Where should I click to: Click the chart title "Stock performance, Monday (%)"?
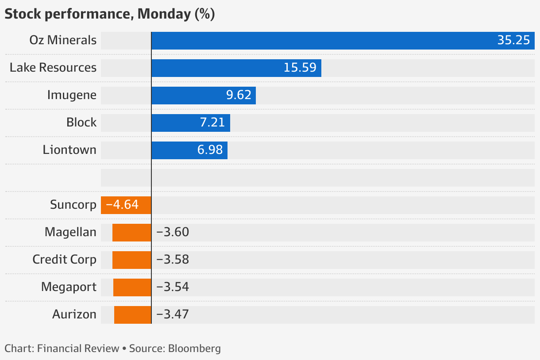109,14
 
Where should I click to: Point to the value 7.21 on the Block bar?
212,123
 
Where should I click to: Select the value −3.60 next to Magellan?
173,232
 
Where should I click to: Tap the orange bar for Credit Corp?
131,260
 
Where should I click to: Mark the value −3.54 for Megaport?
173,287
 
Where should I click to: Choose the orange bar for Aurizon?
132,314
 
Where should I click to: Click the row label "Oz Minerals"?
63,40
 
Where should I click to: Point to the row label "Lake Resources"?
53,68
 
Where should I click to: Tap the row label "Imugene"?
72,95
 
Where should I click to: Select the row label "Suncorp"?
73,205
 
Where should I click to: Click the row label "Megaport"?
69,287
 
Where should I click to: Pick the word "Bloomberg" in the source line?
194,349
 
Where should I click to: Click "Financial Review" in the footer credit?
78,349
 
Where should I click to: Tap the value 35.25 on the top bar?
513,40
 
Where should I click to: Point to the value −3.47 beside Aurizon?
173,314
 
